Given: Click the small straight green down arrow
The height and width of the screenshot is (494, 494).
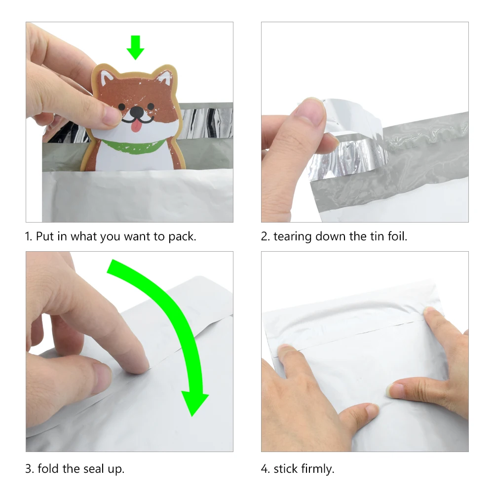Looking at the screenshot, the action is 136,47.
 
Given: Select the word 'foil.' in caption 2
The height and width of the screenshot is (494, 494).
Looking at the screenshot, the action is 397,236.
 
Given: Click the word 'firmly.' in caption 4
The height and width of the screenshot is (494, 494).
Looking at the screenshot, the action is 318,469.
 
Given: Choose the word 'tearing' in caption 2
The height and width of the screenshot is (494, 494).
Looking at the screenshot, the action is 292,236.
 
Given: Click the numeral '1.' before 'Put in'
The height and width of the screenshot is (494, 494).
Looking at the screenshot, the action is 29,236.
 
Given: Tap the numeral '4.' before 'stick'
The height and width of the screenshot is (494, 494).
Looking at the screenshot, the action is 266,468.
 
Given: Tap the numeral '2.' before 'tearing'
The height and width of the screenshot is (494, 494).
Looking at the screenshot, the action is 266,236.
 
